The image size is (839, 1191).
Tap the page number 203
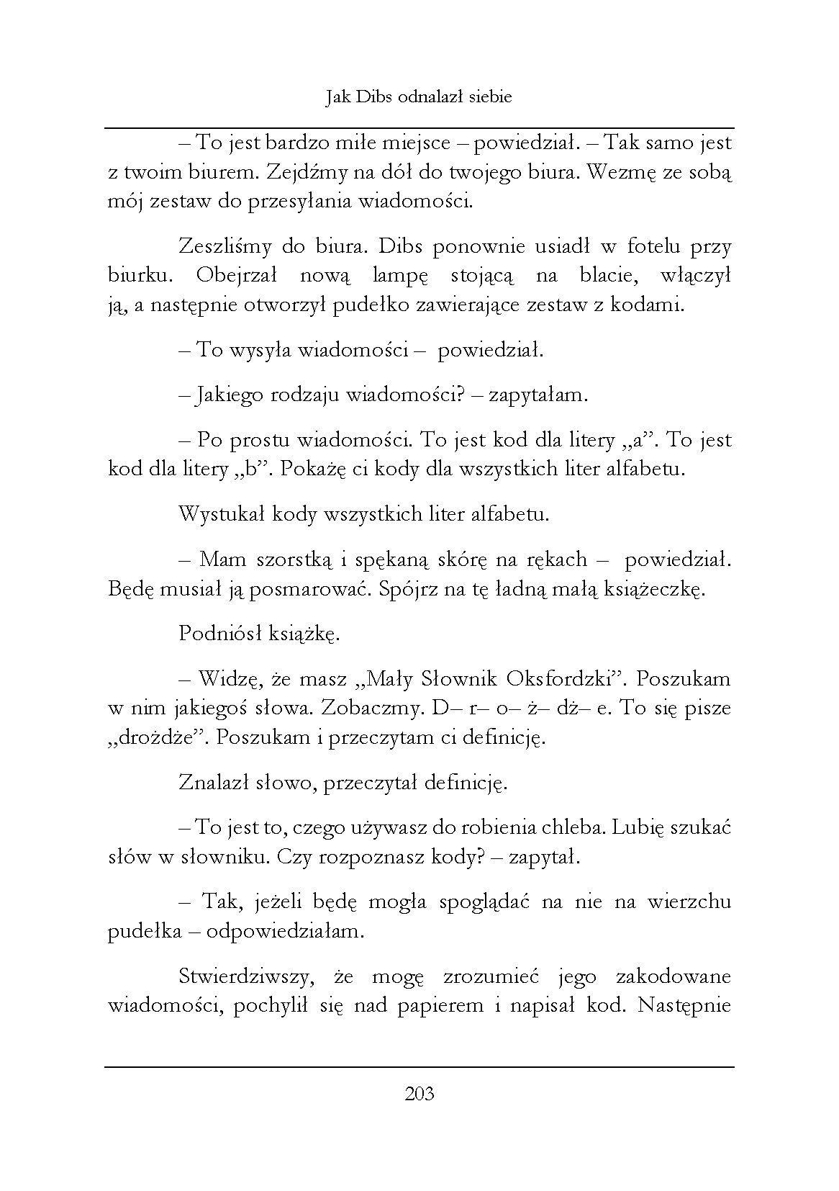click(x=420, y=1095)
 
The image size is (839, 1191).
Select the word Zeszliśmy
click(x=224, y=247)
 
